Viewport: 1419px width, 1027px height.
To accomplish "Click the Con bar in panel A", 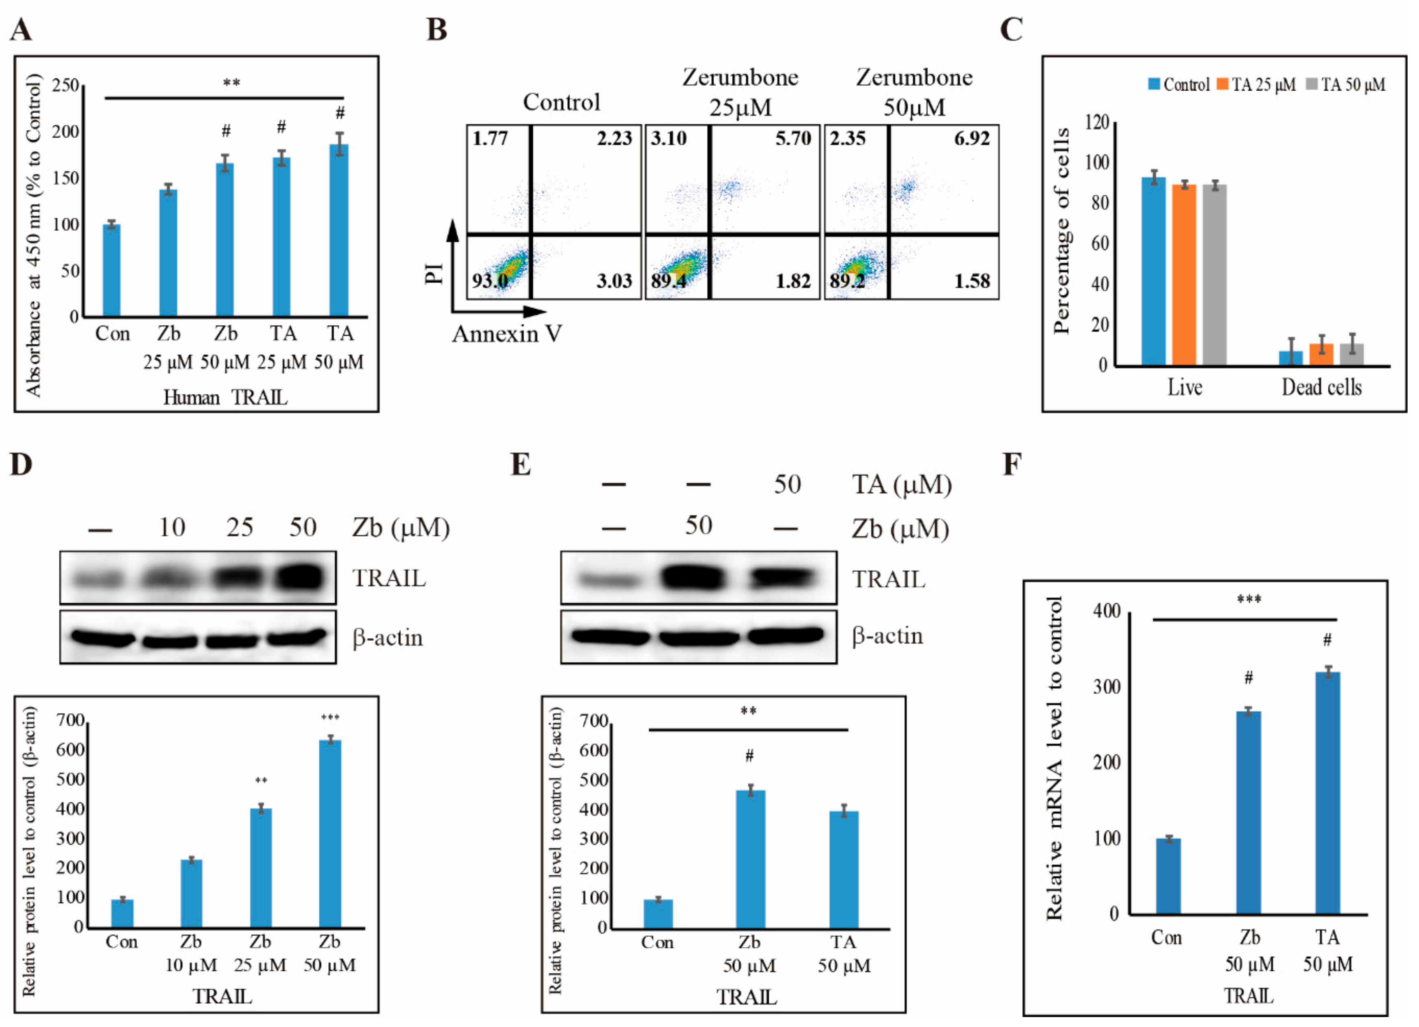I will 111,270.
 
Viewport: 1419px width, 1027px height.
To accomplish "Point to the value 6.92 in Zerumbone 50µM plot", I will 971,138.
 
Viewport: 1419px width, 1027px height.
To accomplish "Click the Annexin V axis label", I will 507,334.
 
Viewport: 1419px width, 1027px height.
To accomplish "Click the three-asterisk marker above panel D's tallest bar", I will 330,717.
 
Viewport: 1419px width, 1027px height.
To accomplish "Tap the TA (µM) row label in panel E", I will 901,485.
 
